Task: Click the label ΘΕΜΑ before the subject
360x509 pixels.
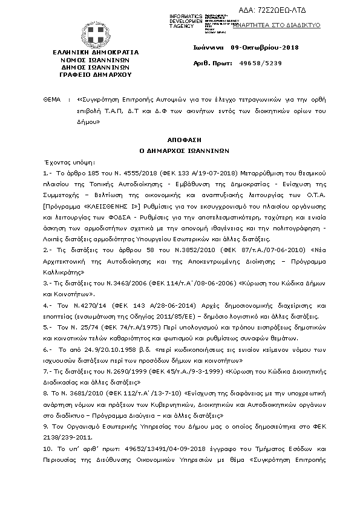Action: tap(53, 96)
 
